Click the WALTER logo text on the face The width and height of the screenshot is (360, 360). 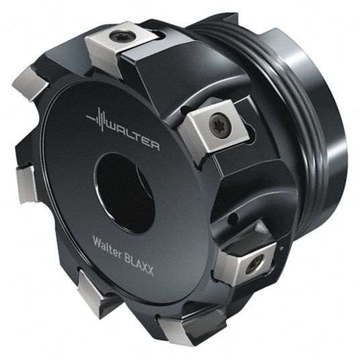133,136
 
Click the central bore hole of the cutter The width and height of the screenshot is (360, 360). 125,193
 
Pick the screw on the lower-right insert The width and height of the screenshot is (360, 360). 255,265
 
